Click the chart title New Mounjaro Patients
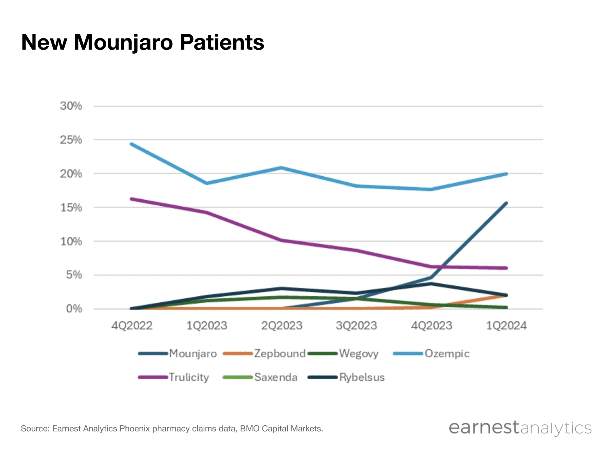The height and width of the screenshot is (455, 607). (x=142, y=42)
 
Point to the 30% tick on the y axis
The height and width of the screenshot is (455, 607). (x=71, y=106)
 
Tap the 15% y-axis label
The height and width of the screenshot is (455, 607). (x=71, y=208)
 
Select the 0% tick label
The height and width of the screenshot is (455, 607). (x=74, y=309)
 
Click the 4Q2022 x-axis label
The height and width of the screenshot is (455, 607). (x=132, y=325)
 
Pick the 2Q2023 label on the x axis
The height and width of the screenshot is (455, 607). (x=282, y=325)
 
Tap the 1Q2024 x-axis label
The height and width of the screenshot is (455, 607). (x=506, y=325)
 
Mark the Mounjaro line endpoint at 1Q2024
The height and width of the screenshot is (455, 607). (x=506, y=203)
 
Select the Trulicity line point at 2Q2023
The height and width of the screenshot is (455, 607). (x=281, y=240)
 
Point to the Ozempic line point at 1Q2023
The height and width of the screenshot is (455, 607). (x=206, y=183)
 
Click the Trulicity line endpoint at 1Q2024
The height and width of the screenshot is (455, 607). (x=506, y=268)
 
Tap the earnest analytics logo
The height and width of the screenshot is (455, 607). (x=520, y=428)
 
